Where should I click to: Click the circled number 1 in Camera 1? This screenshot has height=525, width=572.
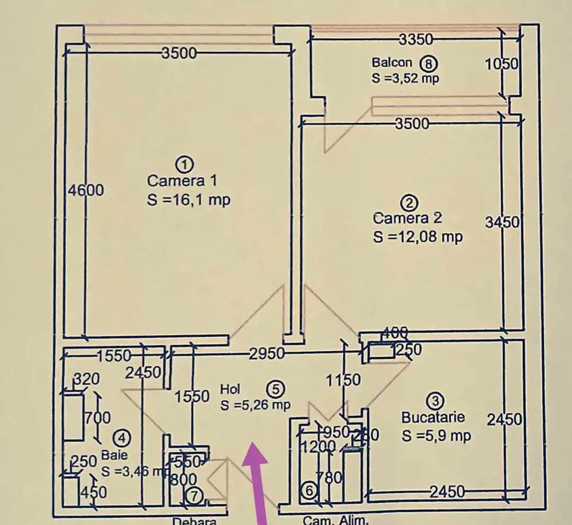[x=184, y=165]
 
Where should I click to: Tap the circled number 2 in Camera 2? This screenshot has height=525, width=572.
[x=410, y=202]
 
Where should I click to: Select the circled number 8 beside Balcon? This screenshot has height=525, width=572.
[x=427, y=62]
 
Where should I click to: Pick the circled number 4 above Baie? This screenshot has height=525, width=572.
[x=121, y=438]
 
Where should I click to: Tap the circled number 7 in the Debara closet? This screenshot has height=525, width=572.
[x=195, y=497]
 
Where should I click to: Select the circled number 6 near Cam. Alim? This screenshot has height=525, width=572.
[x=308, y=491]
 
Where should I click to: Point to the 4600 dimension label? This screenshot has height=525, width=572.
[x=86, y=189]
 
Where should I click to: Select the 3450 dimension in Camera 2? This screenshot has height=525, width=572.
[x=502, y=222]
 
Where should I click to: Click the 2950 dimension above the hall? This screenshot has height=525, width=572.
[x=267, y=354]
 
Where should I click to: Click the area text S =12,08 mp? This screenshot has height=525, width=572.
[x=418, y=236]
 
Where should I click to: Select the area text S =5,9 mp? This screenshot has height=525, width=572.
[x=436, y=436]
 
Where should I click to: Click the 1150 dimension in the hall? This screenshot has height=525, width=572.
[x=344, y=379]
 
